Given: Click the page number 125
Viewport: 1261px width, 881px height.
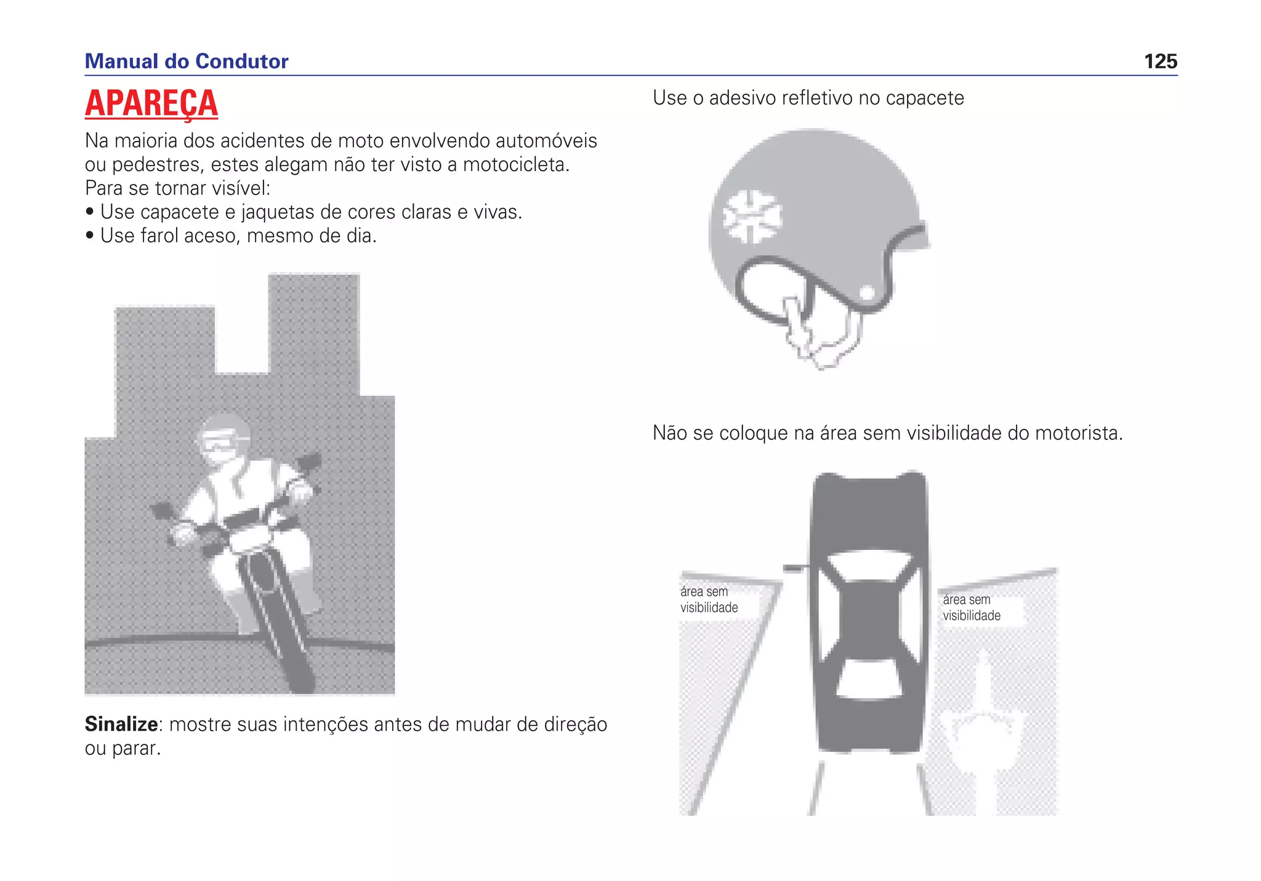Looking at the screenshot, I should [1160, 62].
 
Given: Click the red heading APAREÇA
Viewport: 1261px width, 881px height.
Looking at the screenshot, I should [151, 103].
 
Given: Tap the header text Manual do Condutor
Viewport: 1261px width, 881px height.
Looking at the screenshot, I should [186, 62].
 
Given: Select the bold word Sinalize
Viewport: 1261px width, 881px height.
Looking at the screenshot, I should [121, 724].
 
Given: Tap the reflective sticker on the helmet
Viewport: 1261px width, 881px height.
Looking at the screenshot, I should [751, 216].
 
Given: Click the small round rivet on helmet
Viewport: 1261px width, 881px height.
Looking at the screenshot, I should [866, 292].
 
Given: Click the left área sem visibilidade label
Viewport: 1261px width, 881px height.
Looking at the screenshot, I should [708, 600].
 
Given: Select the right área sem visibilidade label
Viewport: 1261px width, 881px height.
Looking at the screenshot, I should [971, 608].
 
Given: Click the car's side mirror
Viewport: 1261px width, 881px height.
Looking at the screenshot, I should [794, 568].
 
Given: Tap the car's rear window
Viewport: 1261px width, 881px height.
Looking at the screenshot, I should [869, 678].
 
